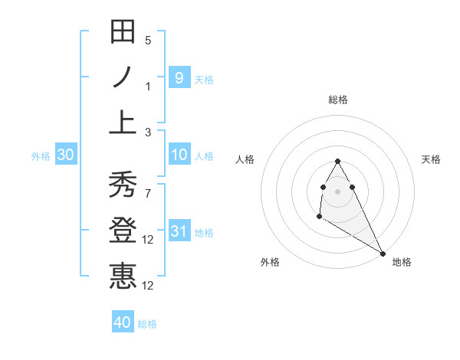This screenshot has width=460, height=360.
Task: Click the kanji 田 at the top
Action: (123, 33)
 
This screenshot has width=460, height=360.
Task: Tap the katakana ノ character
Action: (123, 78)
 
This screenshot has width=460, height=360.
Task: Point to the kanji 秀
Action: (123, 185)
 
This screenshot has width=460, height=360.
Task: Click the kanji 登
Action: (123, 231)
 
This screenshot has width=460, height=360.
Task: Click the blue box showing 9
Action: (179, 77)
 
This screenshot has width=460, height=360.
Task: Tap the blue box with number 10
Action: (179, 155)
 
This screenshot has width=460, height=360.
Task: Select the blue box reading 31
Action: (179, 231)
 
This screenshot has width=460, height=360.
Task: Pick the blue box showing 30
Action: (66, 155)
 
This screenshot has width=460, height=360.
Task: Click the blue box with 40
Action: (123, 322)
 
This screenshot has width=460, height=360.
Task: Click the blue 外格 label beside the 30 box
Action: (41, 156)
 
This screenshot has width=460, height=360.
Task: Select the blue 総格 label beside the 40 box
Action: (147, 324)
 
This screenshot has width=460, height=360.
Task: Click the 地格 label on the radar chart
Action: (402, 262)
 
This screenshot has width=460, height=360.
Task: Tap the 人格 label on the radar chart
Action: (246, 159)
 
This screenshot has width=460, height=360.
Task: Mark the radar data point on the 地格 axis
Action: (383, 254)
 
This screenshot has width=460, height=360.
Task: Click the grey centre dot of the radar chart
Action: (338, 191)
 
